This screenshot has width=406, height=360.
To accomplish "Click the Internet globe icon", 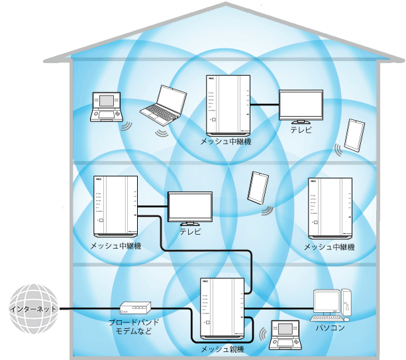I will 32,309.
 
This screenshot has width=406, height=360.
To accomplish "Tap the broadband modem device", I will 135,308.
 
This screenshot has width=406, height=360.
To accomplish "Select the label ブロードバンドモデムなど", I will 134,326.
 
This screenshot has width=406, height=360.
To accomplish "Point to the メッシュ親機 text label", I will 223,349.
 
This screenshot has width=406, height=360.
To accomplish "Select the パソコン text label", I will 329,327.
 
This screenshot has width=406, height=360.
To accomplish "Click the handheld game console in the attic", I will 107,108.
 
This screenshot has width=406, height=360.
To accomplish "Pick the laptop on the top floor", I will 164,105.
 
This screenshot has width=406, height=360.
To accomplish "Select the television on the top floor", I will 300,107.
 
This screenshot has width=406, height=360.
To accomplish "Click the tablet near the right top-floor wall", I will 354,136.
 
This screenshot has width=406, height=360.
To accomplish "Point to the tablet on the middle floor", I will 256,188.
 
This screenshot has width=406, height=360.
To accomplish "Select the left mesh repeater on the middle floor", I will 116,206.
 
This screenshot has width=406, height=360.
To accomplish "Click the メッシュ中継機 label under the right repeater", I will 329,247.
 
